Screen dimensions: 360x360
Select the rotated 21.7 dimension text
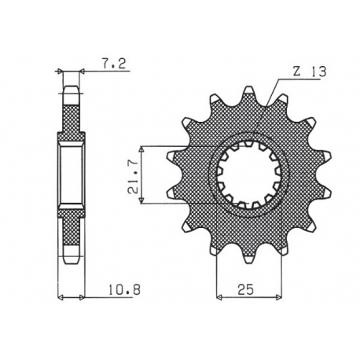point(134,175)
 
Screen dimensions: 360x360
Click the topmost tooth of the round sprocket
point(248,93)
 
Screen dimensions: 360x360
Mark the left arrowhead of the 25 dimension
point(219,298)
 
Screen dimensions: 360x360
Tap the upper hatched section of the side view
point(71,118)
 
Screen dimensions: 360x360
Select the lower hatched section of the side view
point(71,232)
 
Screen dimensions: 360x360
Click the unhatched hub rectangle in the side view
point(71,175)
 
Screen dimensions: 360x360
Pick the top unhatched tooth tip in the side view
point(71,93)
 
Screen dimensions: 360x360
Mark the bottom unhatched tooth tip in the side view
point(71,255)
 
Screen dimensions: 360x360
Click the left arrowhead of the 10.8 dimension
point(62,298)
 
